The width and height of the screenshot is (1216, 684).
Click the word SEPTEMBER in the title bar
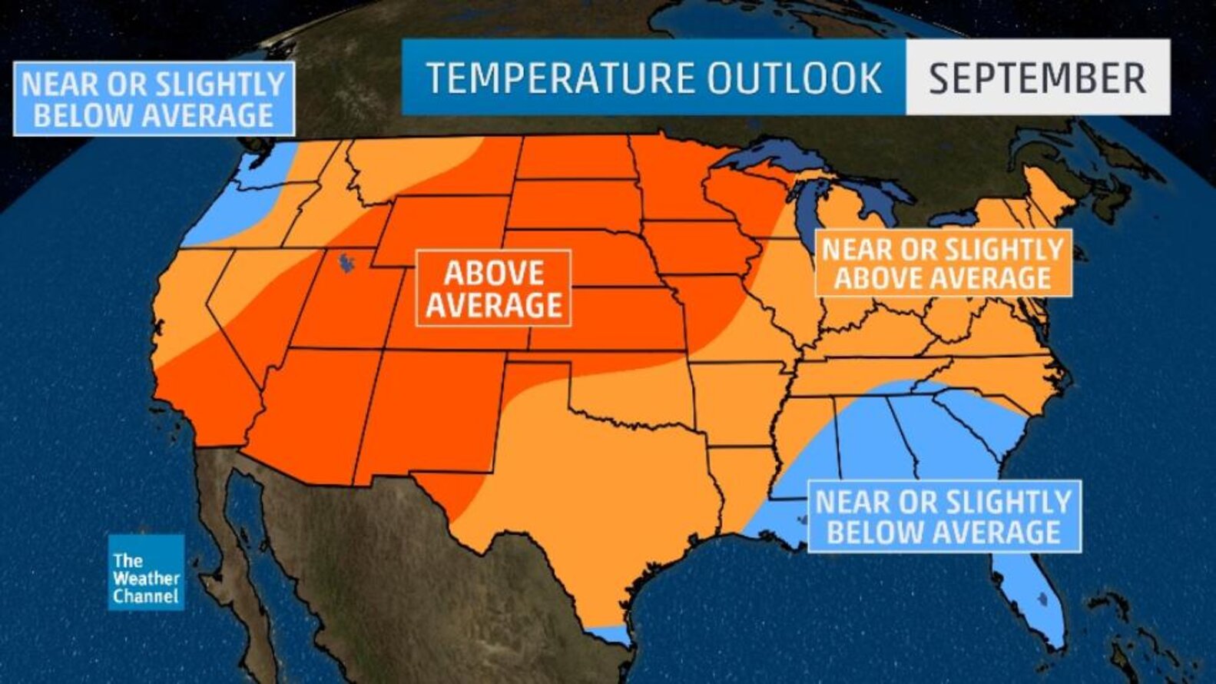1037,78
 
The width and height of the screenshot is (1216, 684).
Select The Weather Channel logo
146,573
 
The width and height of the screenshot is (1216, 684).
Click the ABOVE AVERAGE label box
493,288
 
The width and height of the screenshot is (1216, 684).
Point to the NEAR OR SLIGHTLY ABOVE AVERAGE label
943,264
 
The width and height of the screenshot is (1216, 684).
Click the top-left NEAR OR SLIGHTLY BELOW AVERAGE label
154,100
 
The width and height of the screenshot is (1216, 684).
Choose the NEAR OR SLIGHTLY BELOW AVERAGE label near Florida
943,516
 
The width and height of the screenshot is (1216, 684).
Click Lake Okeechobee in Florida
1043,597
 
